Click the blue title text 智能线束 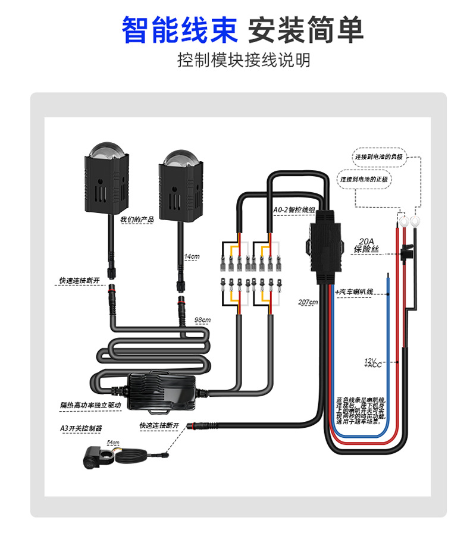click(x=179, y=30)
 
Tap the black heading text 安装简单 click(x=305, y=30)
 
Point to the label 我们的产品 click(x=137, y=220)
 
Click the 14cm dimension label click(x=192, y=256)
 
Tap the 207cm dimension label click(x=308, y=302)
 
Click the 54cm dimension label click(x=113, y=443)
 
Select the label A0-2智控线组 click(x=293, y=210)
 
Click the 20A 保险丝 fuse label click(x=366, y=246)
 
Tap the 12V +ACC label click(x=373, y=362)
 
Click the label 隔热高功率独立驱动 click(x=90, y=405)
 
